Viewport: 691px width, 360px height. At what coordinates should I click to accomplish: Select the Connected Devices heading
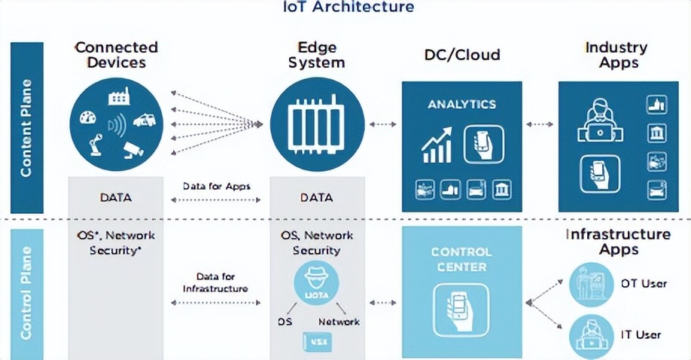(x=116, y=55)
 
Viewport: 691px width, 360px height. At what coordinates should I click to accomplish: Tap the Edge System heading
(x=316, y=55)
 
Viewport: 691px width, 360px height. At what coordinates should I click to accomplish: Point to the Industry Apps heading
(x=616, y=55)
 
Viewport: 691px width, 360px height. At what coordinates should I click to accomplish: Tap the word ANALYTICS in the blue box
(x=462, y=104)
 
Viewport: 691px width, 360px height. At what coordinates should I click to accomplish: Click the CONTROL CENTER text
(x=461, y=259)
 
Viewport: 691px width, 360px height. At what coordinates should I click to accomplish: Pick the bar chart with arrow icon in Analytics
(x=437, y=145)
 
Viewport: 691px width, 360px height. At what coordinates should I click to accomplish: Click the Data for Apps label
(x=216, y=186)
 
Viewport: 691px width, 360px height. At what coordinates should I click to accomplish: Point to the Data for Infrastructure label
(x=216, y=282)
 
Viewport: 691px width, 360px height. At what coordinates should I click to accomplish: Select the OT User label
(x=644, y=283)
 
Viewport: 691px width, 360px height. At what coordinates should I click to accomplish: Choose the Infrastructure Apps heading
(x=618, y=242)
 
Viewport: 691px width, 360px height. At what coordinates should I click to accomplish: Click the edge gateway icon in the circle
(x=316, y=124)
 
